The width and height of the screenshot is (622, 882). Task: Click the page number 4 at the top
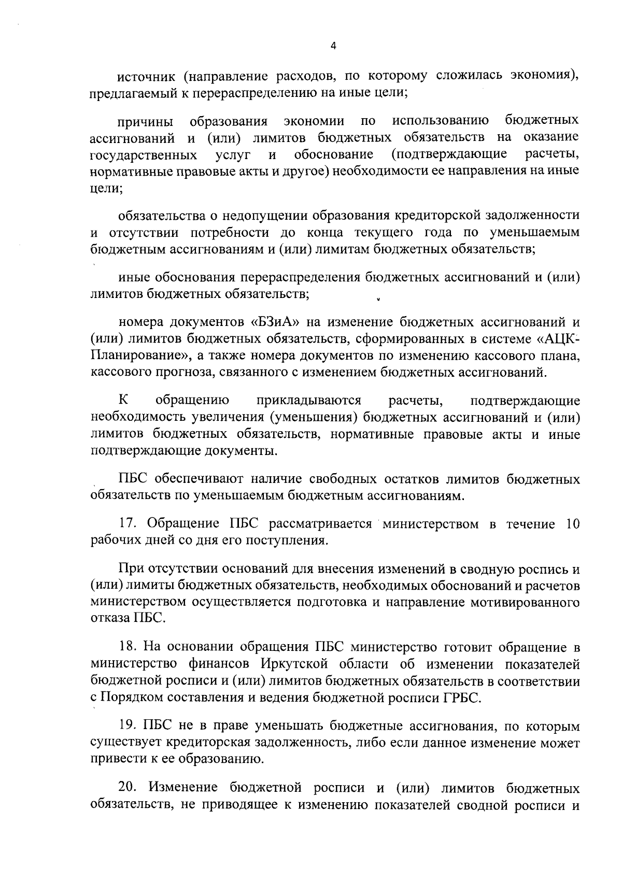coord(333,46)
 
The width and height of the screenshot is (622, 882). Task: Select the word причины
coord(146,122)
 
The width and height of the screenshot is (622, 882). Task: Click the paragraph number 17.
coord(126,524)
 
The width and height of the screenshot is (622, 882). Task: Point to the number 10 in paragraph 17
coord(572,524)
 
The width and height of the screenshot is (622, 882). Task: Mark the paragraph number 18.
coord(126,647)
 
